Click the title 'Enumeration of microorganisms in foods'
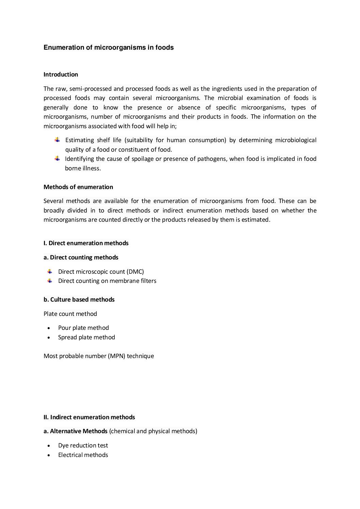click(109, 48)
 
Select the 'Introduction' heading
click(61, 74)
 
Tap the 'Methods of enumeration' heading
click(78, 187)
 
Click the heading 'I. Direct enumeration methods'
click(86, 243)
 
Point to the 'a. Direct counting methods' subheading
click(81, 257)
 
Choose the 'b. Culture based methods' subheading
click(79, 300)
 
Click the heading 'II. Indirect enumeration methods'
click(89, 417)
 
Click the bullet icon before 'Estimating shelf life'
click(57, 140)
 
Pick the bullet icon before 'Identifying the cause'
click(57, 158)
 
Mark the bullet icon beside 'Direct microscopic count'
click(50, 271)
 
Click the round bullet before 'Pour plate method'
click(50, 328)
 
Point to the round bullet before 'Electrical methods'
click(50, 455)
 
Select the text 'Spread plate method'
click(86, 337)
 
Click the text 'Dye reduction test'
click(83, 445)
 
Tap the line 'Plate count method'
click(70, 314)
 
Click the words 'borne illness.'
click(83, 168)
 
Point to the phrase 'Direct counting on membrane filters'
click(107, 281)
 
